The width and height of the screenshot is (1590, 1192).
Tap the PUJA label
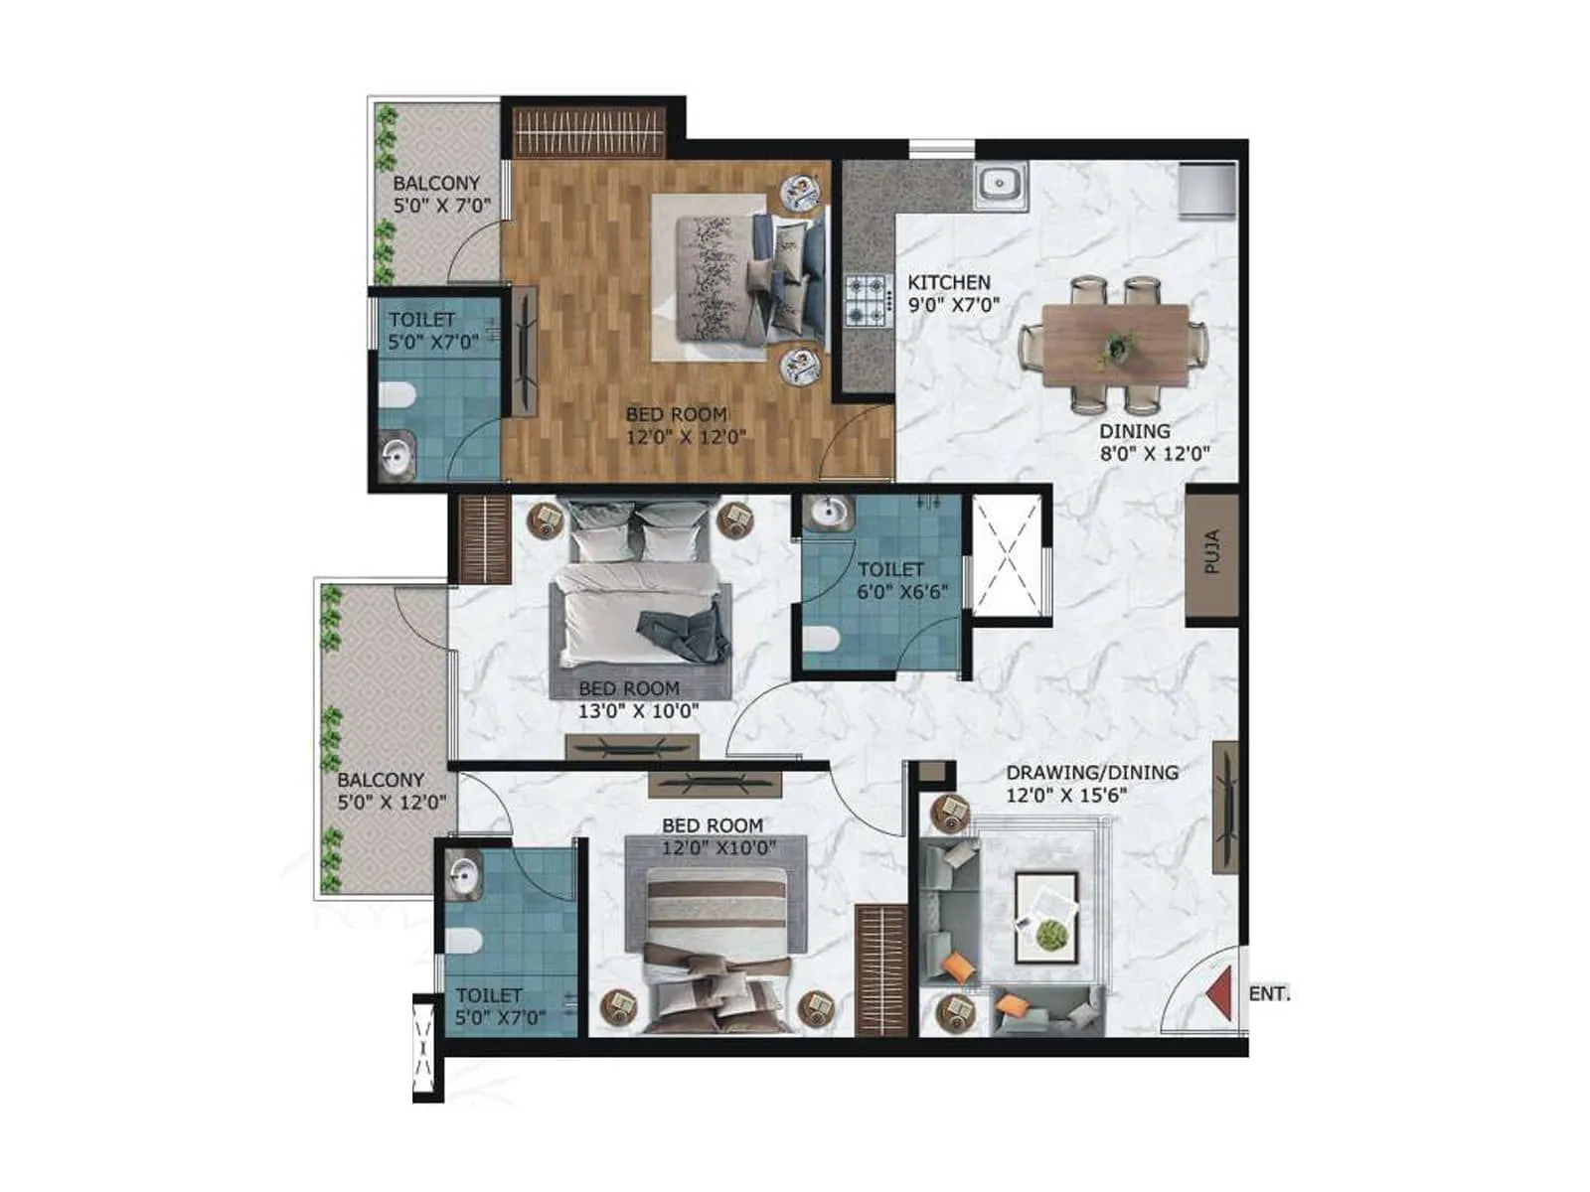pyautogui.click(x=1211, y=552)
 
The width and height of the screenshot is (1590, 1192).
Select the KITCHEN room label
pyautogui.click(x=948, y=282)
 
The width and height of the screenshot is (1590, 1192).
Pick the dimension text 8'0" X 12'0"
pyautogui.click(x=1155, y=454)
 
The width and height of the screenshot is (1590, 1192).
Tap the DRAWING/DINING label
pyautogui.click(x=1092, y=772)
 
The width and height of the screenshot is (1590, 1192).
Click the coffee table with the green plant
pyautogui.click(x=1045, y=917)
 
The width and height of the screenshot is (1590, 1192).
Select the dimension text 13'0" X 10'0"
pyautogui.click(x=638, y=711)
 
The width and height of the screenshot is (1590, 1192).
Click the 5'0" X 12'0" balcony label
pyautogui.click(x=391, y=803)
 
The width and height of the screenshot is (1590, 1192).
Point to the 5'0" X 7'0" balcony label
pyautogui.click(x=436, y=206)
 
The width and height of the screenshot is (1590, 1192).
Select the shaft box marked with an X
pyautogui.click(x=1008, y=557)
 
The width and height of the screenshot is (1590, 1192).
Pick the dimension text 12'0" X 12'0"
pyautogui.click(x=686, y=437)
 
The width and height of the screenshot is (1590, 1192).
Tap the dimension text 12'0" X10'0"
pyautogui.click(x=719, y=848)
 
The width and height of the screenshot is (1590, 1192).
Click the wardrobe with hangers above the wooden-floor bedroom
pyautogui.click(x=588, y=130)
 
